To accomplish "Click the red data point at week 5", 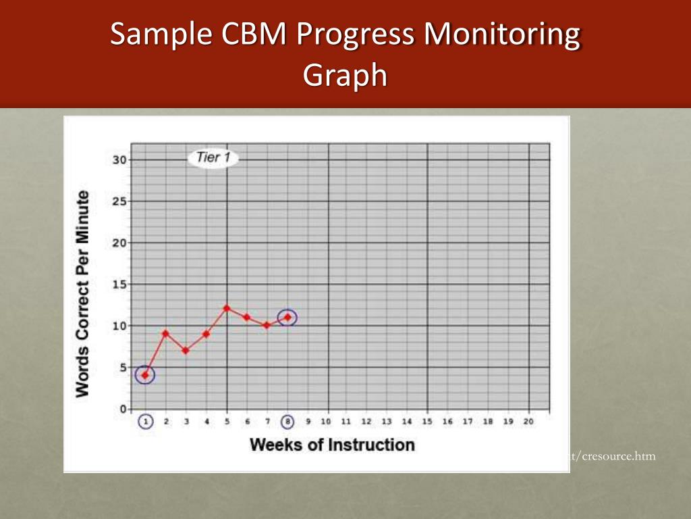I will tap(227, 308).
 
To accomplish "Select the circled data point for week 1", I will tap(145, 375).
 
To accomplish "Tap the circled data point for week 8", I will tap(288, 317).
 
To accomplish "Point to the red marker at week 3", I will tap(186, 350).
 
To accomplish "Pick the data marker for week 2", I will tap(165, 333).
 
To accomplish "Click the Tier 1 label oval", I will tap(213, 158).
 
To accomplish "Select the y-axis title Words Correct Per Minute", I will tap(82, 293).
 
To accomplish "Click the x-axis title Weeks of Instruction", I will tap(332, 445).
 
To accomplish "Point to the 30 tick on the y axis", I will tap(119, 160).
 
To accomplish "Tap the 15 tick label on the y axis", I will tap(119, 285).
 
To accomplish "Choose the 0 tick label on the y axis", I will tap(122, 409).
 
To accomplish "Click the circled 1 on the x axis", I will tap(146, 422).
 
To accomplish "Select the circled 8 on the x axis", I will tap(288, 422).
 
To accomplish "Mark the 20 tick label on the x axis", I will tap(528, 422).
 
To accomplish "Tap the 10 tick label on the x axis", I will tap(326, 422).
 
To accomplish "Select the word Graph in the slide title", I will tap(345, 75).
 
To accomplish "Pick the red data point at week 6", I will tap(247, 317).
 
